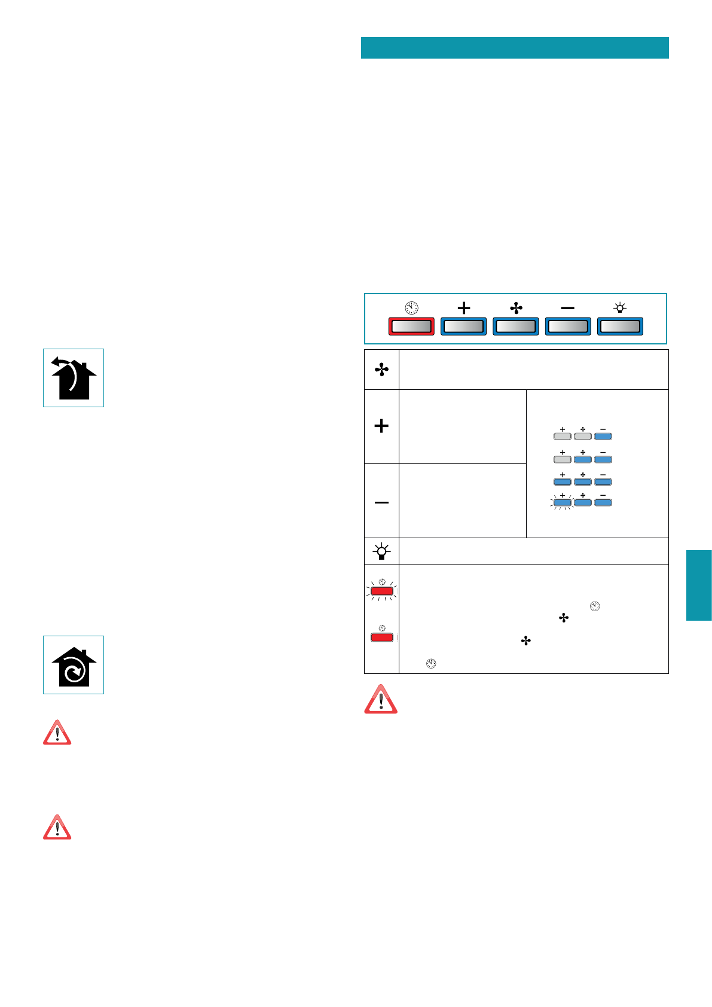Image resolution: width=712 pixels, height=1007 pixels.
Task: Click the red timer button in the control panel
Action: click(411, 326)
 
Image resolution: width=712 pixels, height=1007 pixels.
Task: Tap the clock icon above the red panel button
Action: click(411, 308)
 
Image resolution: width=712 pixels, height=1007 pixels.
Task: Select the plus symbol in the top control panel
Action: click(463, 308)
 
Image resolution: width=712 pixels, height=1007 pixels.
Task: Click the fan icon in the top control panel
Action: click(516, 308)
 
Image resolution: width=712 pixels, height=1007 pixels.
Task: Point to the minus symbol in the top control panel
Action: click(568, 308)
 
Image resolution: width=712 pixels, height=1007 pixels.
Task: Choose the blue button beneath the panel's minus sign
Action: click(568, 326)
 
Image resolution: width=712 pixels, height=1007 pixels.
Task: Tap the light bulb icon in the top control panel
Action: click(620, 308)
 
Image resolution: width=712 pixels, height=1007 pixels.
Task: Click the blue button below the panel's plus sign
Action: click(463, 326)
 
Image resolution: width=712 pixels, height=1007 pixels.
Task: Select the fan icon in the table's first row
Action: click(381, 370)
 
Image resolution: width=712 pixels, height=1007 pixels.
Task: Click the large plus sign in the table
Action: click(381, 426)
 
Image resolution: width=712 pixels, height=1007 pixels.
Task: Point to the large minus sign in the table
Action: click(381, 502)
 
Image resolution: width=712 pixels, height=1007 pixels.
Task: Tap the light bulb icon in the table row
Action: click(381, 551)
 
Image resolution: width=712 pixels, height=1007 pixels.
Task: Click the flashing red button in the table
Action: click(382, 591)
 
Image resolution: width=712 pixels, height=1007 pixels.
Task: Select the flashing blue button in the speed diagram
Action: click(562, 503)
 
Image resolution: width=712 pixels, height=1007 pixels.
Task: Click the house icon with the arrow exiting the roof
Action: click(74, 378)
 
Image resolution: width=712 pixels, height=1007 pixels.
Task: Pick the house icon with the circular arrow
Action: click(74, 665)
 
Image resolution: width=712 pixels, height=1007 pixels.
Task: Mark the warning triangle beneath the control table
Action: click(381, 700)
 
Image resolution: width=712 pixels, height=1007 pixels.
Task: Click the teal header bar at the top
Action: click(515, 48)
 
